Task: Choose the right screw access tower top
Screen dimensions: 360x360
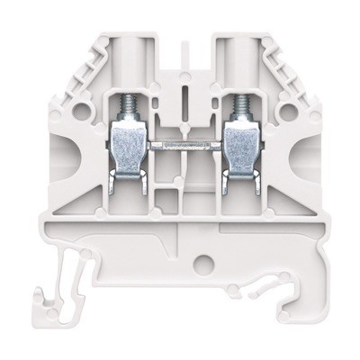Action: click(x=238, y=45)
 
